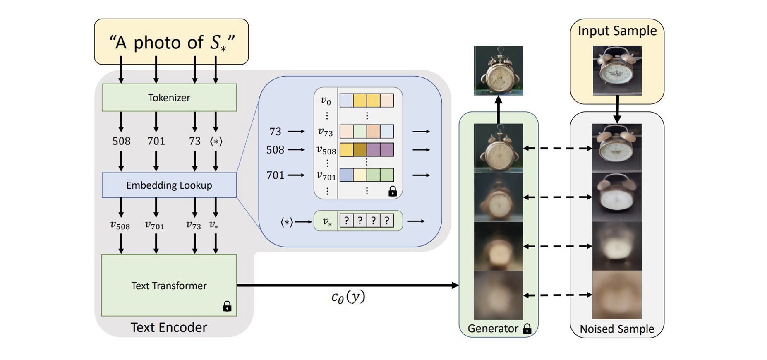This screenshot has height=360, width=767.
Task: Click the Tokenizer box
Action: [169, 98]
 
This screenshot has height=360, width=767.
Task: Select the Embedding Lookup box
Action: [169, 185]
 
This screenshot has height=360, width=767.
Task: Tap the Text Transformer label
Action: [169, 286]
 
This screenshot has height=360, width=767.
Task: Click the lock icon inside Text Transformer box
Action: [227, 306]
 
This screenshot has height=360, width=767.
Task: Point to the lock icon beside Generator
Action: [527, 329]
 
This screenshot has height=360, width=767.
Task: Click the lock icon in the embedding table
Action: [393, 191]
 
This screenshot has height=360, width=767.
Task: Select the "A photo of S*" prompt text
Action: [171, 42]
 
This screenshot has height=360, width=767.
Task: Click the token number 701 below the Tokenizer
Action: [156, 141]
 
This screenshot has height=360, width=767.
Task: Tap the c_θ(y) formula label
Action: [348, 297]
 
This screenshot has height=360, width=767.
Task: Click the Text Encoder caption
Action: [169, 327]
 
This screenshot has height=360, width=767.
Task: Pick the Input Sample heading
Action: [617, 31]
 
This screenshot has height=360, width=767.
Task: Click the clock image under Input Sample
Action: [617, 70]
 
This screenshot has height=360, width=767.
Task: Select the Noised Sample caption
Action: [617, 329]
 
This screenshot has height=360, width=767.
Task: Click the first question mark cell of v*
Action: [347, 221]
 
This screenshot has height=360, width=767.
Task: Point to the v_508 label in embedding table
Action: [326, 150]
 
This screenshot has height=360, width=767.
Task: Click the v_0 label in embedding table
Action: [326, 101]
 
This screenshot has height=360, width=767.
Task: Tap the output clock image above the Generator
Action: [498, 70]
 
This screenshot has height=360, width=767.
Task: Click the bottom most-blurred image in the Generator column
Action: [498, 295]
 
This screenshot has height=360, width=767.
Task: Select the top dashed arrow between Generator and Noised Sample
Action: [558, 148]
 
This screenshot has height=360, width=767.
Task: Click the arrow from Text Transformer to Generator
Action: [348, 285]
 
